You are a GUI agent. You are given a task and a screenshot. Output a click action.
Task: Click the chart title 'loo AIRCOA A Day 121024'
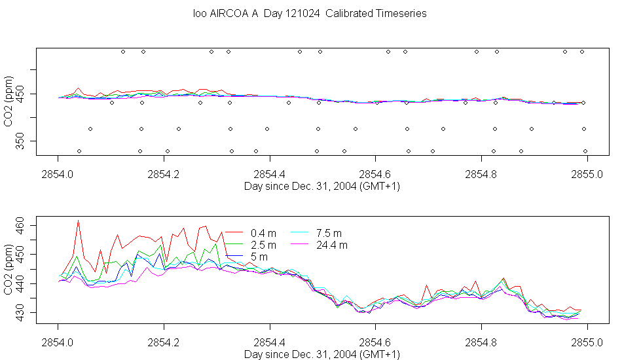point(256,14)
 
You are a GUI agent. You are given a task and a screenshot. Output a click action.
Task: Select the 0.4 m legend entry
point(251,233)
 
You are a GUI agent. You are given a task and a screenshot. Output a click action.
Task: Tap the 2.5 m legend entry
point(251,245)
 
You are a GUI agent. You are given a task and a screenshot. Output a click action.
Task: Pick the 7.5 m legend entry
point(316,233)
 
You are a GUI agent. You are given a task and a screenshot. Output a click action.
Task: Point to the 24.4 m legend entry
point(320,245)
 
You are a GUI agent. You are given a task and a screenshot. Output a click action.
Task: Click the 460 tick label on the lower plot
point(20,226)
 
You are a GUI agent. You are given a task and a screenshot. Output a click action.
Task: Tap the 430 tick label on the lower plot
point(20,313)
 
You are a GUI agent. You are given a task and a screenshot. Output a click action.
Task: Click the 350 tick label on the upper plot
point(20,141)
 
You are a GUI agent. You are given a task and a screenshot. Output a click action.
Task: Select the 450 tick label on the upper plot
point(20,94)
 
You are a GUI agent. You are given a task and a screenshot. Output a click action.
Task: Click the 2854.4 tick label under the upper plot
point(270,175)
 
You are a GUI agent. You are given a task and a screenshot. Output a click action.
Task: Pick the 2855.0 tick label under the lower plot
point(587,342)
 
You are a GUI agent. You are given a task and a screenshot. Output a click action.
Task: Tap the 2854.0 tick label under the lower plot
point(58,342)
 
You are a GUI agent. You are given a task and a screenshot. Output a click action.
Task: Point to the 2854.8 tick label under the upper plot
point(481,175)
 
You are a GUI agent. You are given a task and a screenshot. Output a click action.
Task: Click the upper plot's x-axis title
point(321,187)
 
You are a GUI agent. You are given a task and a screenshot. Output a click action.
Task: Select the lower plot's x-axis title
point(321,354)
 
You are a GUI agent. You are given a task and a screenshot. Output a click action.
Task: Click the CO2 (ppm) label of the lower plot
point(9,270)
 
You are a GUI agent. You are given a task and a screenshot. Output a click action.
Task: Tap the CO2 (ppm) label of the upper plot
point(9,101)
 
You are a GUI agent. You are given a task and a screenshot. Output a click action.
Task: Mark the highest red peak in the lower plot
point(78,220)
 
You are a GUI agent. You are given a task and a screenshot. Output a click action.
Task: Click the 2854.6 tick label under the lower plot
point(375,342)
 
